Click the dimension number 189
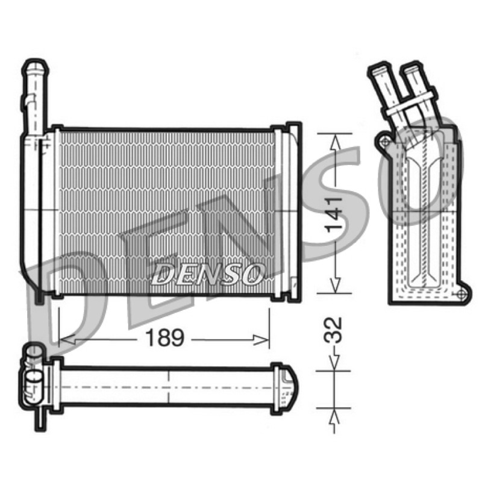coord(164,338)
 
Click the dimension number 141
coord(333,214)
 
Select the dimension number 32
coord(333,330)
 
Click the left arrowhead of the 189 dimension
coord(66,340)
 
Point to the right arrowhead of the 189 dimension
coord(261,340)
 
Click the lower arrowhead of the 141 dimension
coord(335,284)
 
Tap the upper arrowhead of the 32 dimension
coord(334,363)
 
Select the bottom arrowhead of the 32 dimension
coord(334,416)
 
